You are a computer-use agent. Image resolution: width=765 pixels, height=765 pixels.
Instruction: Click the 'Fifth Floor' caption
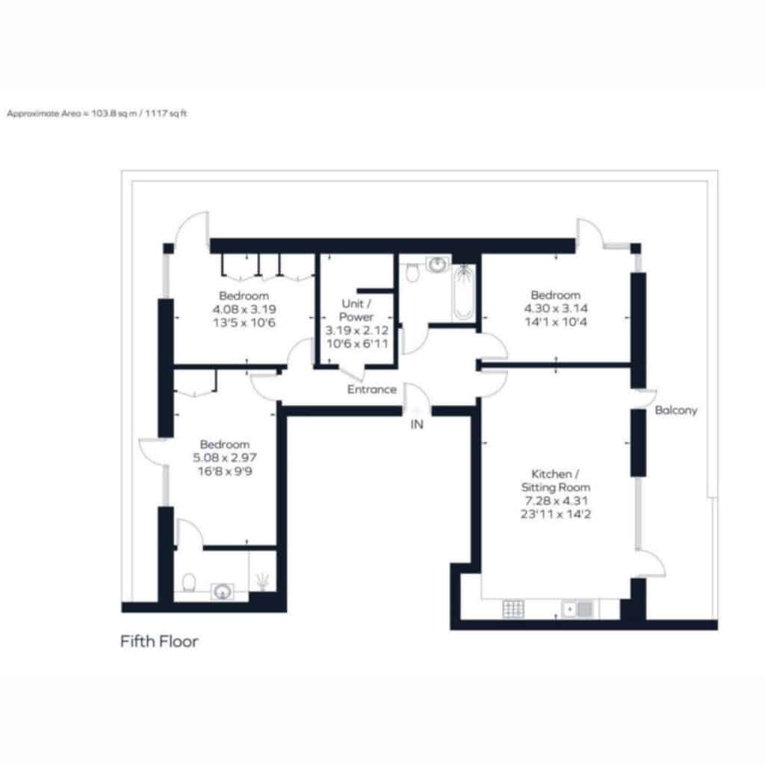159,641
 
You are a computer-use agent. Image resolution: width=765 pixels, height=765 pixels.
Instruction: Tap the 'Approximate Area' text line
96,114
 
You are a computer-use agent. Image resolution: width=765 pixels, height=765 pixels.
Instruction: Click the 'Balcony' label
675,410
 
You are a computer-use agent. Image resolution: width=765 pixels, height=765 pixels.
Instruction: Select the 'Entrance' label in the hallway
372,389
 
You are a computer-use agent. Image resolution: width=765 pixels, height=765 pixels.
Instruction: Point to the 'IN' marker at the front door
417,424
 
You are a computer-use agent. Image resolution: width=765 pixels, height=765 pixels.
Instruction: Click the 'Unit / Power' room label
356,310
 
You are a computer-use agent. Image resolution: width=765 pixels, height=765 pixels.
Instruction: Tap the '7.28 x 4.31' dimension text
556,501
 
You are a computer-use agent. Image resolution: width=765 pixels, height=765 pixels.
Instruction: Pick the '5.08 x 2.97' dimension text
224,458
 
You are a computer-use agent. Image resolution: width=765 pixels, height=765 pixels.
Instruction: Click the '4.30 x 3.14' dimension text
556,309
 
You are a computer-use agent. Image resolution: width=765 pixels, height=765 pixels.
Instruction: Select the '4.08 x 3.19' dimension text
244,309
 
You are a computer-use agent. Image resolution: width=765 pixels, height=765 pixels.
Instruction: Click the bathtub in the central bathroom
463,292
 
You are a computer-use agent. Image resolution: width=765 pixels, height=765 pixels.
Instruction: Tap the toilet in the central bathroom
412,272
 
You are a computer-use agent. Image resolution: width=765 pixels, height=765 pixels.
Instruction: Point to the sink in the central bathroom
437,265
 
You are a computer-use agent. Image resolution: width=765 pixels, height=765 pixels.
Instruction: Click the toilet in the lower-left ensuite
189,583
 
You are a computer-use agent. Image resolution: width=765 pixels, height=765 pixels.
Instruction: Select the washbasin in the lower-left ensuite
222,592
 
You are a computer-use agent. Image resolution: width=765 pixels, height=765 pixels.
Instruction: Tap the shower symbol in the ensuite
262,580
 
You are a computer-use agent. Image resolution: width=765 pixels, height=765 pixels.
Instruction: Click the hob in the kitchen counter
512,609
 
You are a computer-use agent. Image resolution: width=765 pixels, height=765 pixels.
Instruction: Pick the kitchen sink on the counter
577,610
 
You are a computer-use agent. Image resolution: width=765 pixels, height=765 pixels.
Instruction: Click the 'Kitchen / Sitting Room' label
556,480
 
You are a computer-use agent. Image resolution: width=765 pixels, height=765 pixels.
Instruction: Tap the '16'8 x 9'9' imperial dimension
225,471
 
